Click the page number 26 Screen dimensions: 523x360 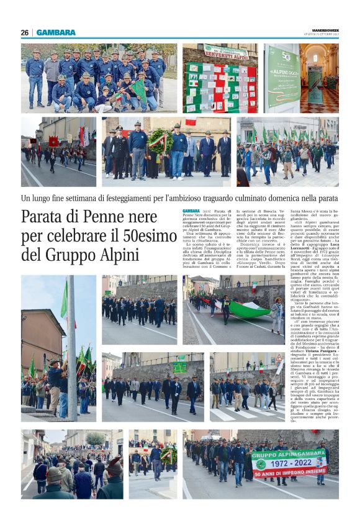tap(25, 32)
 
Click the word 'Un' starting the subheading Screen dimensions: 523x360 tap(27, 199)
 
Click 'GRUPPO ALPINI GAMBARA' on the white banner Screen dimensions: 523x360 tap(289, 455)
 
